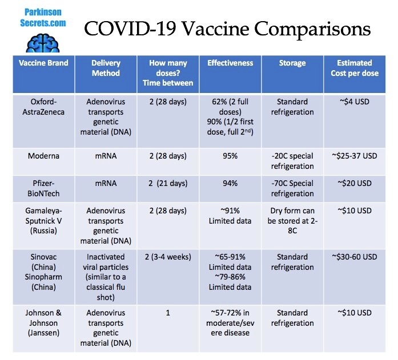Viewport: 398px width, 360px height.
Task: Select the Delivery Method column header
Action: pos(106,68)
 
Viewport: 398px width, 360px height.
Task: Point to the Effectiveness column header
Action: pos(230,63)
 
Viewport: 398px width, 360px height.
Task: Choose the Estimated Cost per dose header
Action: pos(354,68)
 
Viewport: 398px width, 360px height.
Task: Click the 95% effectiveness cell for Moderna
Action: pos(230,156)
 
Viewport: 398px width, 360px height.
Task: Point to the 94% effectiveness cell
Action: pos(230,183)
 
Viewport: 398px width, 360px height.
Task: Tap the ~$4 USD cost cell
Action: pos(354,102)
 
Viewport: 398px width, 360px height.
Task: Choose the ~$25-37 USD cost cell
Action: pos(354,156)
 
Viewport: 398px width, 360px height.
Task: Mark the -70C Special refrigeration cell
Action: pos(292,188)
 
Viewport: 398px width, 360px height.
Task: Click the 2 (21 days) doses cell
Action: pos(168,183)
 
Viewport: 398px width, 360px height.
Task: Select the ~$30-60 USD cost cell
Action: pos(354,257)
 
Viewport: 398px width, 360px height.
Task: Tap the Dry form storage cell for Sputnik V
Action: pos(292,221)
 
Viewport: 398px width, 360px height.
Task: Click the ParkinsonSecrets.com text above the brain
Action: pos(45,17)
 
